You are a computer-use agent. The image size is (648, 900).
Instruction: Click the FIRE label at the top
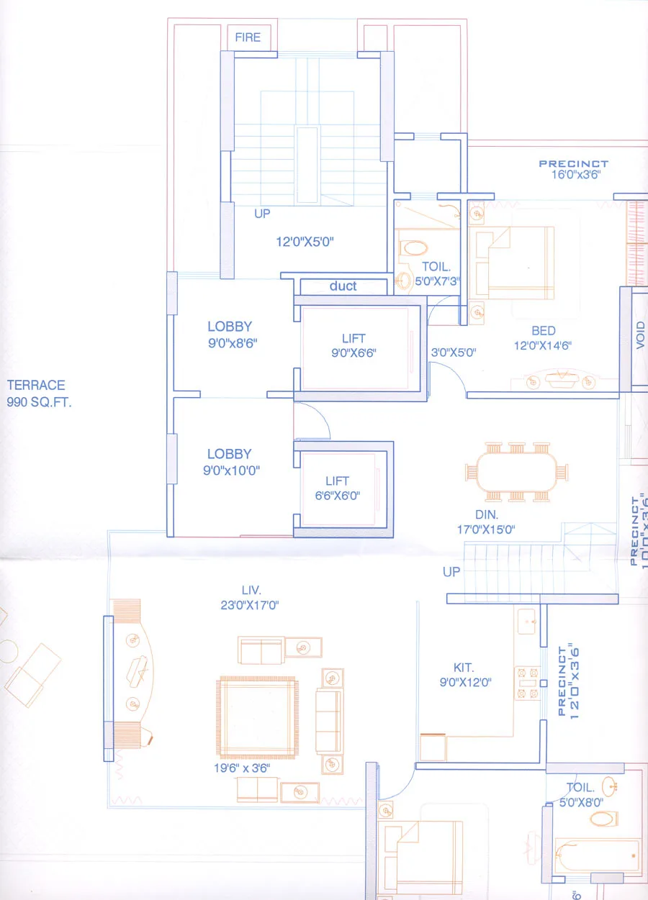(248, 37)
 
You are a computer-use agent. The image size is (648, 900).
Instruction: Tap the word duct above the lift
(343, 286)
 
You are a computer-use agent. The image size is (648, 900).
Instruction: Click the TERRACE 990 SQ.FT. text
(39, 394)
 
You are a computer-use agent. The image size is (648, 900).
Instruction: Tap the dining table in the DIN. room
(517, 472)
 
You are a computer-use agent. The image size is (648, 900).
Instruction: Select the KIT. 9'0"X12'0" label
(464, 675)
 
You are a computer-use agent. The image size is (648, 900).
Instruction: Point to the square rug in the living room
(257, 717)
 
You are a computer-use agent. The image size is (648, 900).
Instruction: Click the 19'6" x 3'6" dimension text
(247, 769)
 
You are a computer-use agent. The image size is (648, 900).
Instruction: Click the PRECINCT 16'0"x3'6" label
(573, 169)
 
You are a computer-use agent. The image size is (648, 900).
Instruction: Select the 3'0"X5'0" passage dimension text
(454, 353)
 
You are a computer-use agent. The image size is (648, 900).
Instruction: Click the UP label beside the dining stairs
(451, 572)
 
